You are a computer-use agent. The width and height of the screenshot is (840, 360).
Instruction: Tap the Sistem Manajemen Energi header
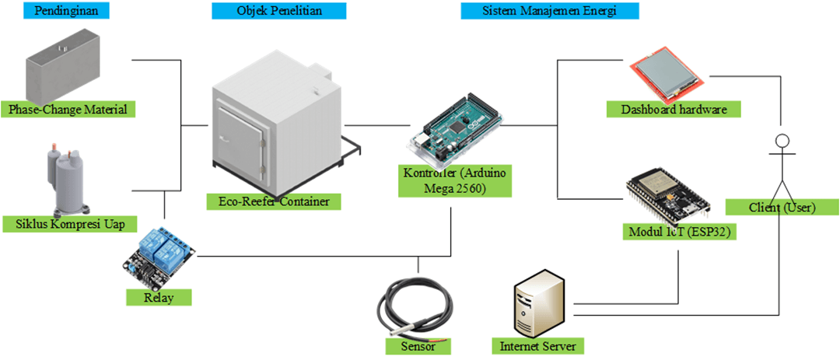(x=550, y=11)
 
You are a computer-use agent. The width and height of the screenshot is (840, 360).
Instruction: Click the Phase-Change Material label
(x=68, y=109)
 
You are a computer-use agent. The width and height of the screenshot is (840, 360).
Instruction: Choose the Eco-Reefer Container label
(x=274, y=201)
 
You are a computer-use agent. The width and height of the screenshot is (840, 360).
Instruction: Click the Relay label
(x=159, y=297)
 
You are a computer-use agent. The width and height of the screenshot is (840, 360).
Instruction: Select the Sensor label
(x=418, y=346)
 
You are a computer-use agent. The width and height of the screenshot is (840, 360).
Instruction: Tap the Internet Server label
(x=537, y=345)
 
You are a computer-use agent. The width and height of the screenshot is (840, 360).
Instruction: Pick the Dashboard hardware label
(x=674, y=110)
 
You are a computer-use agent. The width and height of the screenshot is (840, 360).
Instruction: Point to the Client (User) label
(x=782, y=207)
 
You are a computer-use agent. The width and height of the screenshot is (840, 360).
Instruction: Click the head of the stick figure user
(x=782, y=141)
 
